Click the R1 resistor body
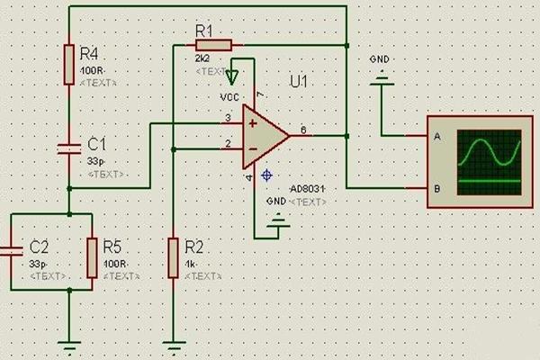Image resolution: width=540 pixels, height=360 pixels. point(214,44)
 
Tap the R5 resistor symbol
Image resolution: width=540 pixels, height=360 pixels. point(92,257)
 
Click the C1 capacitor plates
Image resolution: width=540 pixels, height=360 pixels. point(68,146)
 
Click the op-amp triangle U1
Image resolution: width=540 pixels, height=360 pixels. point(264,136)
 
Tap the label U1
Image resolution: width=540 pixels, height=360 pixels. point(299,82)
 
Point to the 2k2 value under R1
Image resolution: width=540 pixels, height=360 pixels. point(202,58)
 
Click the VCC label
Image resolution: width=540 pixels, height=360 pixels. point(229,96)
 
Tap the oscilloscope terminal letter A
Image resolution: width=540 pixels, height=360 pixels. point(436,137)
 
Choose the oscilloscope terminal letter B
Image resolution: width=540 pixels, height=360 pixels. point(436,188)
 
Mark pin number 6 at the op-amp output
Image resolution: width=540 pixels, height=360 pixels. point(303,130)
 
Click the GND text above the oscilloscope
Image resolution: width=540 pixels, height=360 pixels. point(380,59)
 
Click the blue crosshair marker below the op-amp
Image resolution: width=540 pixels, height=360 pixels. point(266,175)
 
